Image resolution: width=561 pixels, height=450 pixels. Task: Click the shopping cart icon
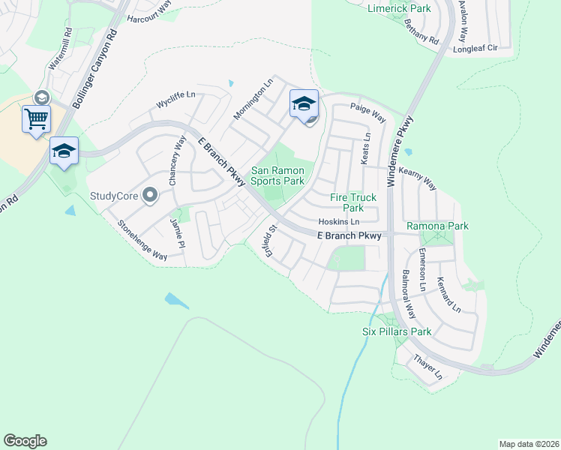coord(36,118)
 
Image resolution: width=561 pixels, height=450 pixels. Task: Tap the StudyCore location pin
coord(150,196)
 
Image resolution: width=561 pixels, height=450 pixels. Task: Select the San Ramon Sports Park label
coord(277,175)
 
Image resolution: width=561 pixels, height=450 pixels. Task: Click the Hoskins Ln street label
coord(339,222)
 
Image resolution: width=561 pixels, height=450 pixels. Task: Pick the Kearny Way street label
coord(417,177)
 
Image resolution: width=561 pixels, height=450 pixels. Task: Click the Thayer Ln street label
coord(427,366)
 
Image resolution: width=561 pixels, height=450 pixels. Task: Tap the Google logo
coord(25,440)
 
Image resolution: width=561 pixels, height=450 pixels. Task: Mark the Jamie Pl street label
coord(177,232)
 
